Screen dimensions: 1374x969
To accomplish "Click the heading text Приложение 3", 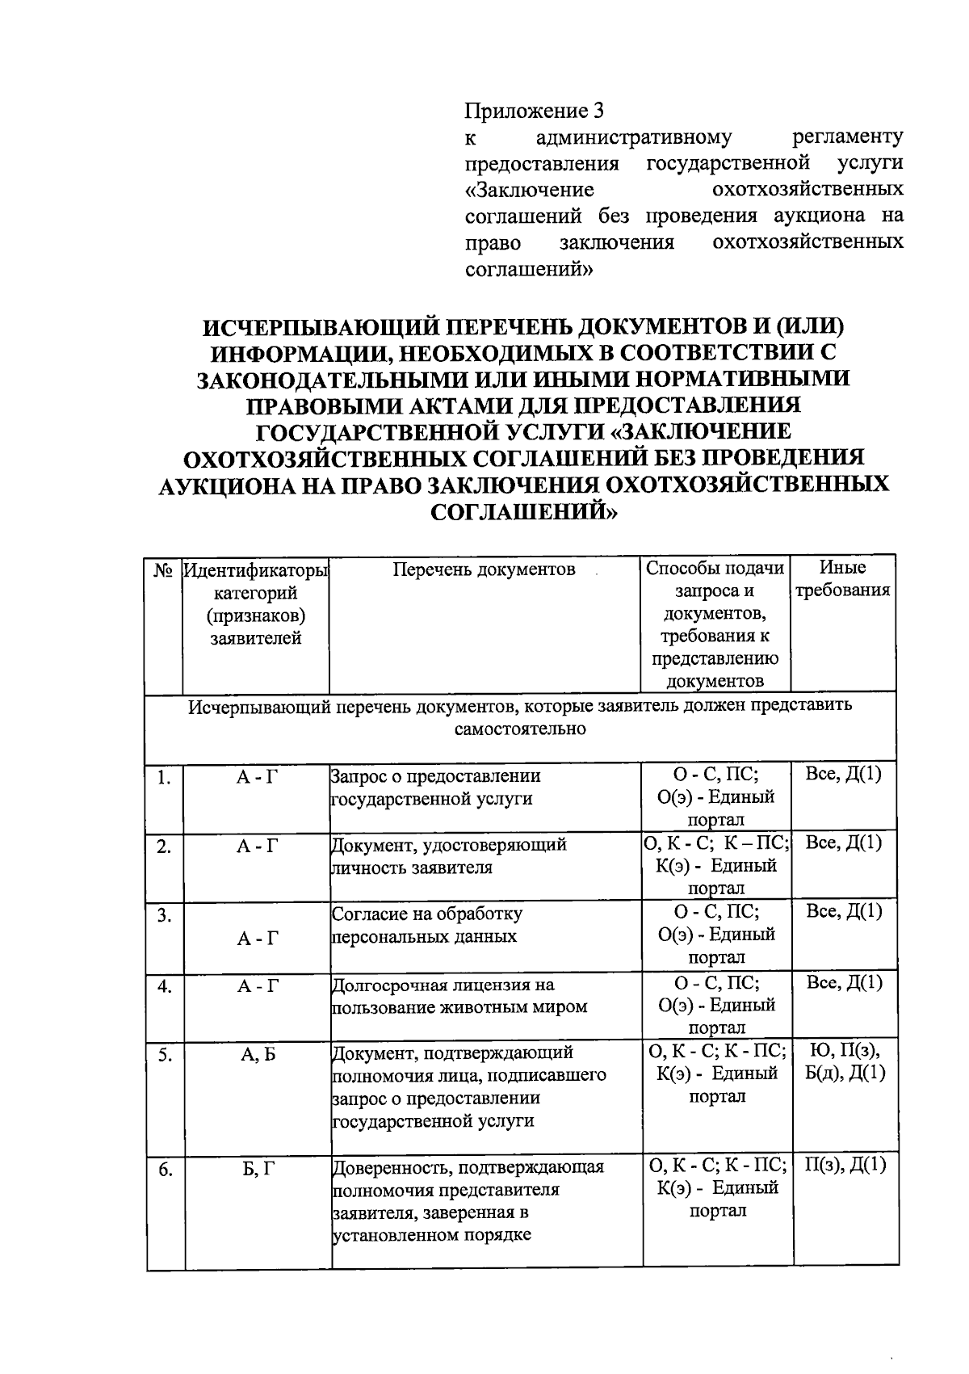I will [x=534, y=111].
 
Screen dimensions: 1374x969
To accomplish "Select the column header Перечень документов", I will [x=484, y=569].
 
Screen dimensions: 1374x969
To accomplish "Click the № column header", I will [x=164, y=569].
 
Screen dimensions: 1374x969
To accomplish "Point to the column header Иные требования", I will [x=843, y=579].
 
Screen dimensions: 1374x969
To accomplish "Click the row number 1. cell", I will [x=164, y=778].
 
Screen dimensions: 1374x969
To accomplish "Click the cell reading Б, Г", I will [x=258, y=1168].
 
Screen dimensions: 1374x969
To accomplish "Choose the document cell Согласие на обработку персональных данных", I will [x=428, y=926].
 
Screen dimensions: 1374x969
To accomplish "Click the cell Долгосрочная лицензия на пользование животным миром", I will [x=459, y=996].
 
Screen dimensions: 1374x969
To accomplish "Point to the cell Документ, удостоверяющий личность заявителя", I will [x=449, y=856].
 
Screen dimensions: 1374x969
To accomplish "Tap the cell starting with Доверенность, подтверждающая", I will [x=468, y=1201].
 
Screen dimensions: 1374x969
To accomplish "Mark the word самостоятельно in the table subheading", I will [x=520, y=729].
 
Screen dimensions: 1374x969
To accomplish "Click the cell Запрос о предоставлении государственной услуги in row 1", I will [x=436, y=788].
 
